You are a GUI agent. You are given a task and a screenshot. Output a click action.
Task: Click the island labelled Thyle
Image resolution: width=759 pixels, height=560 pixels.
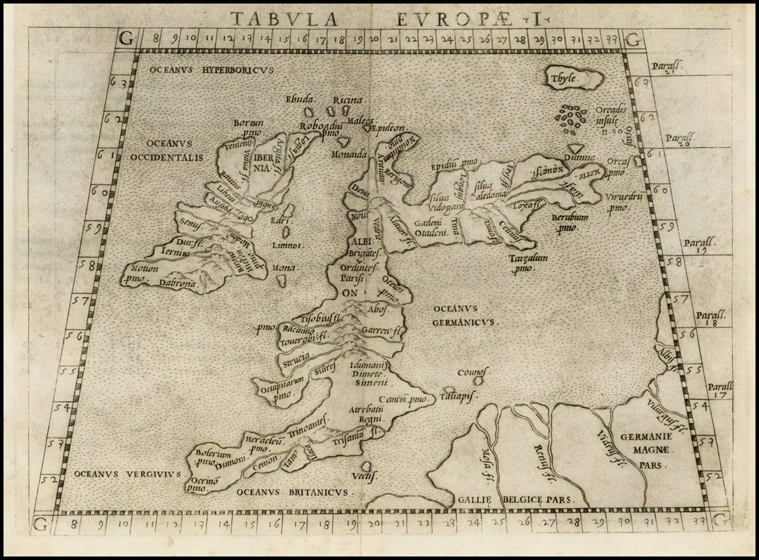(574, 78)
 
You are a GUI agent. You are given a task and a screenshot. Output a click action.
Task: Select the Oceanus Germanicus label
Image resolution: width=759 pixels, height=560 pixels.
(464, 315)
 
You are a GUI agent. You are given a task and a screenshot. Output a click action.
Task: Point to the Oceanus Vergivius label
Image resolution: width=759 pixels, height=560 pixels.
(128, 474)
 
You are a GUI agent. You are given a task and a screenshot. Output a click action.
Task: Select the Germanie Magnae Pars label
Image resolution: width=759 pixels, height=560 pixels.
(644, 450)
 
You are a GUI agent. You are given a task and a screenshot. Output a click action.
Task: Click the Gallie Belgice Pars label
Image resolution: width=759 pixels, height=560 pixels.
(515, 500)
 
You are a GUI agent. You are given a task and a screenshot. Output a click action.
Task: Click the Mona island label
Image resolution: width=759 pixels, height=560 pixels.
(284, 268)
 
